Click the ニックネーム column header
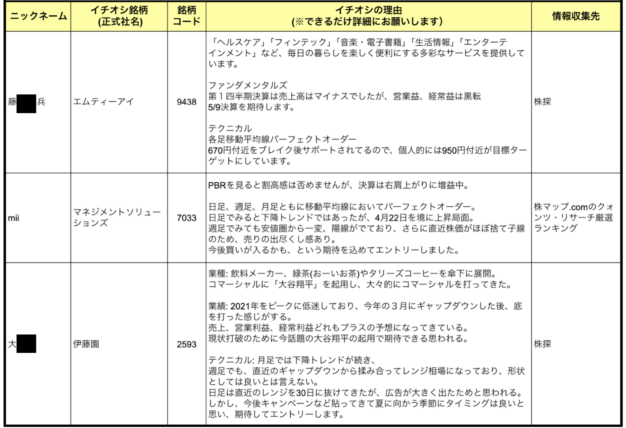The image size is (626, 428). click(x=38, y=16)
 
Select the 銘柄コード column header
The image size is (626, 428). click(x=186, y=16)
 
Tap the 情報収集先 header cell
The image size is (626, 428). click(x=576, y=16)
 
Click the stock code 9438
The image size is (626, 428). click(x=186, y=102)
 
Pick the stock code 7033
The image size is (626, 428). click(x=186, y=218)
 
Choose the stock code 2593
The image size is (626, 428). click(x=186, y=344)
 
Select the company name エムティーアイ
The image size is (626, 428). click(x=103, y=101)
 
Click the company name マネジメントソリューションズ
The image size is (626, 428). click(x=116, y=217)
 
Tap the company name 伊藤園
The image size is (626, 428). click(x=86, y=344)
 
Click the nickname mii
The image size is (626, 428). click(x=13, y=218)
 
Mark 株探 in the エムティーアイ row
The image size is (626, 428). click(x=542, y=102)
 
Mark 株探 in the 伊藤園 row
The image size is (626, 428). click(x=542, y=344)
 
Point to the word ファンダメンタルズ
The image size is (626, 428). click(x=248, y=85)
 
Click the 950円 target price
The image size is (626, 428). click(x=454, y=151)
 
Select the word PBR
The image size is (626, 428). click(x=217, y=185)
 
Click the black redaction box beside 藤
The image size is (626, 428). click(x=26, y=104)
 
